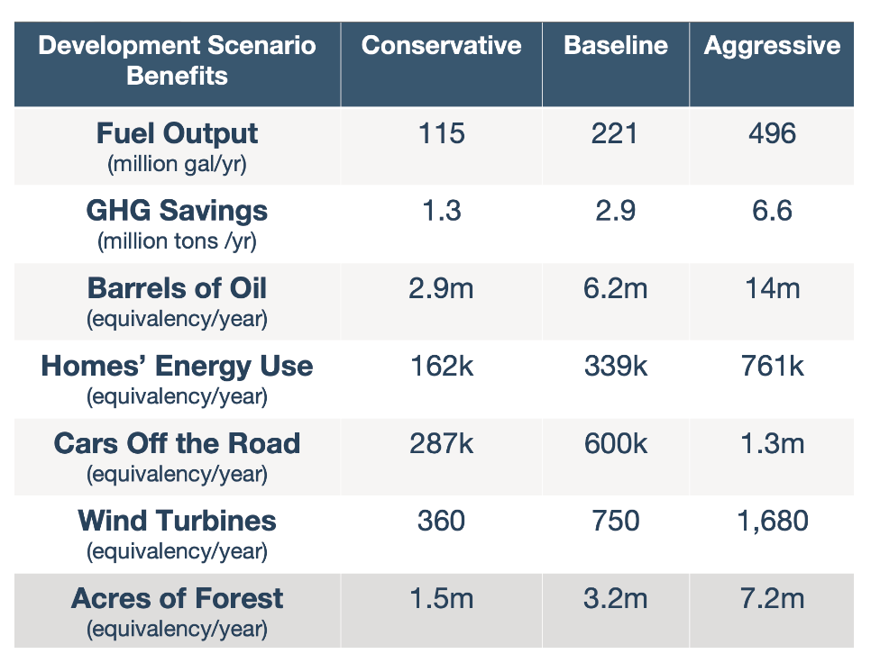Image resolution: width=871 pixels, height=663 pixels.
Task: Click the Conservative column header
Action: (x=441, y=46)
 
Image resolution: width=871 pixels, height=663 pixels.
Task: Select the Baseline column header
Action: (x=616, y=46)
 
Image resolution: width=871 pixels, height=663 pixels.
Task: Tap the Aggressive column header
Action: (x=772, y=46)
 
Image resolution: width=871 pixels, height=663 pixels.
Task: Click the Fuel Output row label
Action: (x=178, y=134)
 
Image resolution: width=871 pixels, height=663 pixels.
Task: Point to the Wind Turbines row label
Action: (x=178, y=521)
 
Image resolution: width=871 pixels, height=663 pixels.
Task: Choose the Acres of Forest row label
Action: (x=178, y=598)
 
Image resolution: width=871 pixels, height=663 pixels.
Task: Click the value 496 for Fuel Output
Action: (x=772, y=133)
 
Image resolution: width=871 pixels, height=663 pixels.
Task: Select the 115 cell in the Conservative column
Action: (x=441, y=133)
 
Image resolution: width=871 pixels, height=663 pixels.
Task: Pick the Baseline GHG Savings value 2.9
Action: (x=616, y=211)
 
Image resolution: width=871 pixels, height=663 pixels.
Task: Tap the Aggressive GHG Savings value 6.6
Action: (x=772, y=211)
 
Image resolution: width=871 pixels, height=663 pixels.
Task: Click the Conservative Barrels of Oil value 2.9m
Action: (x=441, y=288)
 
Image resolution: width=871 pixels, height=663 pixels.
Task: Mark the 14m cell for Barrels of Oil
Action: (x=772, y=288)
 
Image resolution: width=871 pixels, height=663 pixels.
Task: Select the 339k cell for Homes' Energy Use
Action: (x=616, y=366)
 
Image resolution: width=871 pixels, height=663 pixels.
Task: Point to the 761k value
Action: (x=772, y=366)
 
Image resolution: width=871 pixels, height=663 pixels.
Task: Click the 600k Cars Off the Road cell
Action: (x=616, y=443)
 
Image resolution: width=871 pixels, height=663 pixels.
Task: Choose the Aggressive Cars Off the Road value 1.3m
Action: (x=772, y=443)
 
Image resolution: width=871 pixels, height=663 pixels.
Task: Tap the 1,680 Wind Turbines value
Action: (x=772, y=521)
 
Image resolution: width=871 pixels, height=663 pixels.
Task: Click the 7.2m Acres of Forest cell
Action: (x=772, y=598)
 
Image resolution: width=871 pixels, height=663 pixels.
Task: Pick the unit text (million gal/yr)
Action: (x=178, y=165)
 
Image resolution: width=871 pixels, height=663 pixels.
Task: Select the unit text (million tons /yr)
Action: (x=178, y=242)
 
